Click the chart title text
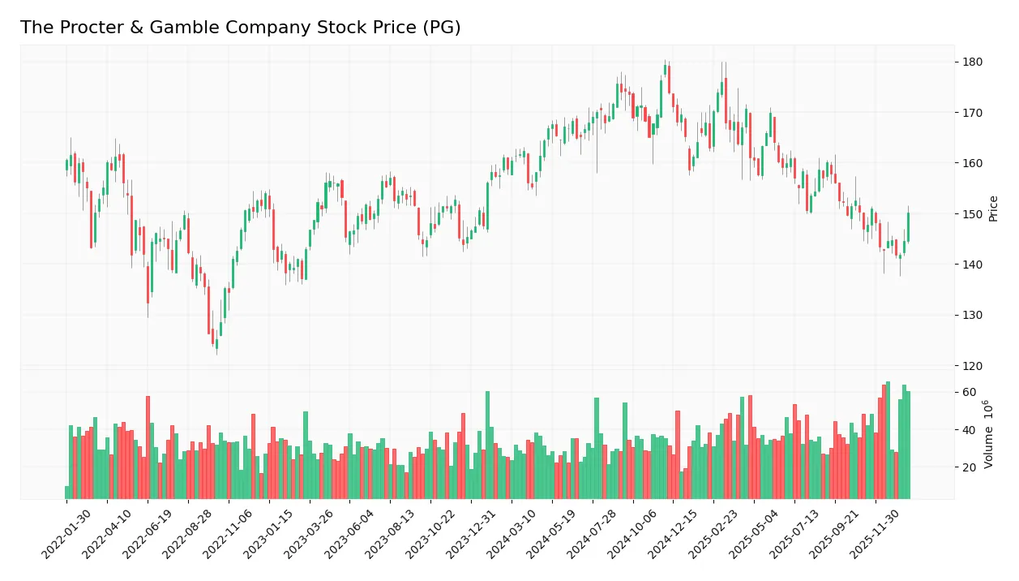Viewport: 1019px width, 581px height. click(240, 28)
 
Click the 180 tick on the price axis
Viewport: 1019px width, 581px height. click(972, 62)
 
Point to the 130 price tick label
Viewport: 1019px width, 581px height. click(972, 316)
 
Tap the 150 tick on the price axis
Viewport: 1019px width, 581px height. click(972, 214)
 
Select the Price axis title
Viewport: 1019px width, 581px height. click(993, 209)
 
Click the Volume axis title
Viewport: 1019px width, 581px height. click(988, 434)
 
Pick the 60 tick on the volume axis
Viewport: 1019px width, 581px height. click(969, 393)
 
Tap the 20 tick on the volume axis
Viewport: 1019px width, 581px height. click(969, 467)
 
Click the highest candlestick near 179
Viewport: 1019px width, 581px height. click(666, 70)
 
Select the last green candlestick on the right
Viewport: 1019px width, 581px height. click(908, 227)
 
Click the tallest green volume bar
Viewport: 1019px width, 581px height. click(888, 440)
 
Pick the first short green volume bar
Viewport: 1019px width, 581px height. click(67, 493)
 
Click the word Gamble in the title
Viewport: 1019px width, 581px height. click(160, 28)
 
